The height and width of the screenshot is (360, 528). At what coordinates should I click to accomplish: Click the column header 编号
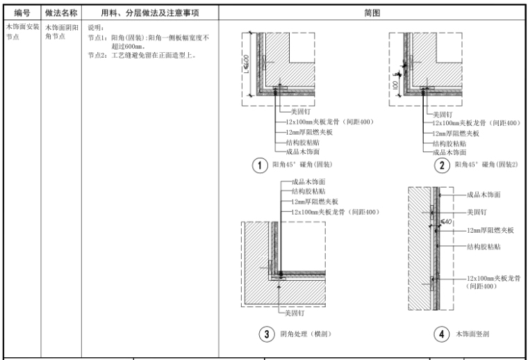[x=21, y=13]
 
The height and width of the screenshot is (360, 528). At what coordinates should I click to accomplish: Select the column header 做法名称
[x=60, y=13]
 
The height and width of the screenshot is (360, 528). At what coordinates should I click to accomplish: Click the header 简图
[x=372, y=13]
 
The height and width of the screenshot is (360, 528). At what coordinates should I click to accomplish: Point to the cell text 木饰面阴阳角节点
[x=58, y=31]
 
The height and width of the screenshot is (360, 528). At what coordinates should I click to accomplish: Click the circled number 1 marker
[x=260, y=165]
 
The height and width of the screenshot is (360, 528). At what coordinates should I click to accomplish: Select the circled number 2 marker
[x=442, y=165]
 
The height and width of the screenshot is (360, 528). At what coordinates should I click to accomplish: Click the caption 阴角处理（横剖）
[x=305, y=334]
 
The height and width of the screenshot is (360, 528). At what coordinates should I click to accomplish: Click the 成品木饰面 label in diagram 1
[x=302, y=151]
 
